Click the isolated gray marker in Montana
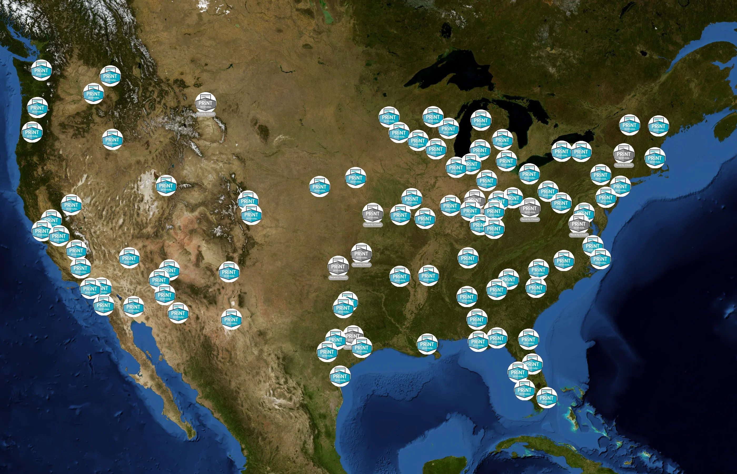point(206,103)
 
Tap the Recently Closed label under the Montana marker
point(206,114)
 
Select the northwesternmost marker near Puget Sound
point(41,70)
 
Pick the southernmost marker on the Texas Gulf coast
point(340,376)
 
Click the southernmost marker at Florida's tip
point(546,398)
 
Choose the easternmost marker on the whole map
point(658,126)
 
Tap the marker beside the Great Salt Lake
point(166,186)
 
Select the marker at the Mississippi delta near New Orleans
point(427,344)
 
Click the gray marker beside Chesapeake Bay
point(579,224)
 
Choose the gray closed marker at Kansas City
point(372,214)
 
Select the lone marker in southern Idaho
point(112,139)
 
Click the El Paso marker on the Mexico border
point(231,319)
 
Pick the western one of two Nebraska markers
point(319,186)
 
